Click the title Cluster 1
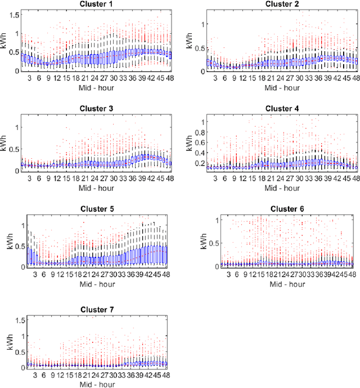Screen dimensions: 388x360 point(96,5)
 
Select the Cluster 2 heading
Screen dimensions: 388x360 point(281,5)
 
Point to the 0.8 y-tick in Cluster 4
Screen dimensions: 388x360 point(198,135)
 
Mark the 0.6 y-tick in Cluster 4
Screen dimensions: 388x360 point(198,144)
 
